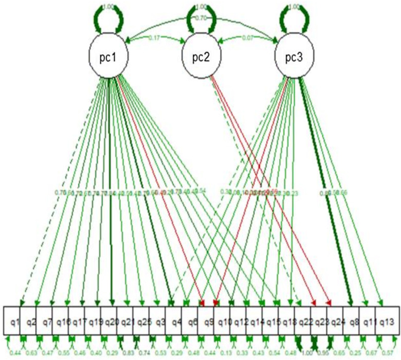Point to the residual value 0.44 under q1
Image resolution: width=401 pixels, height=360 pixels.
(x=14, y=351)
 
